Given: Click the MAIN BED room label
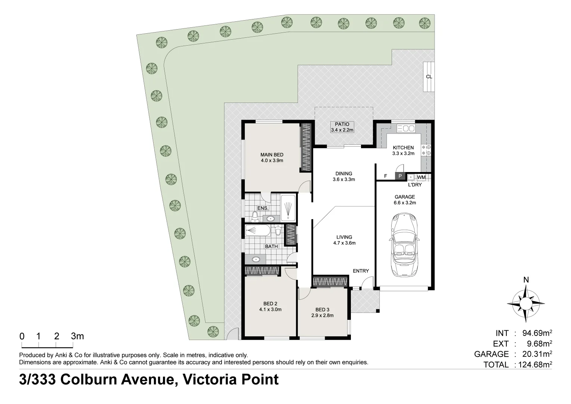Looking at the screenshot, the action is [x=272, y=154].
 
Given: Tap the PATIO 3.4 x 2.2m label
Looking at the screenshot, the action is [x=342, y=127].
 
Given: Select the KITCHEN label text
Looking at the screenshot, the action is [x=403, y=147].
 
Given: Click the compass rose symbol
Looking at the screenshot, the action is [x=526, y=304].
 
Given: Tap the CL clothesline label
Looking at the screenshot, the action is [x=429, y=77].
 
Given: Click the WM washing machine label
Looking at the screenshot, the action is [x=422, y=177].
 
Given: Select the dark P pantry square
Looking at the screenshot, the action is [x=400, y=176].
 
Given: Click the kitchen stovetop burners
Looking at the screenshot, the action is [x=426, y=150].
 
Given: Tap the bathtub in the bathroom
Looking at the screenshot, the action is [x=257, y=230].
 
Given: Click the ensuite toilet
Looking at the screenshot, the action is [x=254, y=217].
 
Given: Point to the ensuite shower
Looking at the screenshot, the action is [x=288, y=208].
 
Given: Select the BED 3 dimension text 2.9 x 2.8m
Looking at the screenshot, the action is [x=322, y=315].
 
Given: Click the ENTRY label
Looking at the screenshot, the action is [x=361, y=271].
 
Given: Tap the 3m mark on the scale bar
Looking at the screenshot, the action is [x=77, y=336].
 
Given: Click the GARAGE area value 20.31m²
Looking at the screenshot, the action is [x=537, y=354].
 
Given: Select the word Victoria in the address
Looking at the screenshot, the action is [x=210, y=379].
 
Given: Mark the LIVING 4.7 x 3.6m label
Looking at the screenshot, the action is [x=344, y=240].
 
